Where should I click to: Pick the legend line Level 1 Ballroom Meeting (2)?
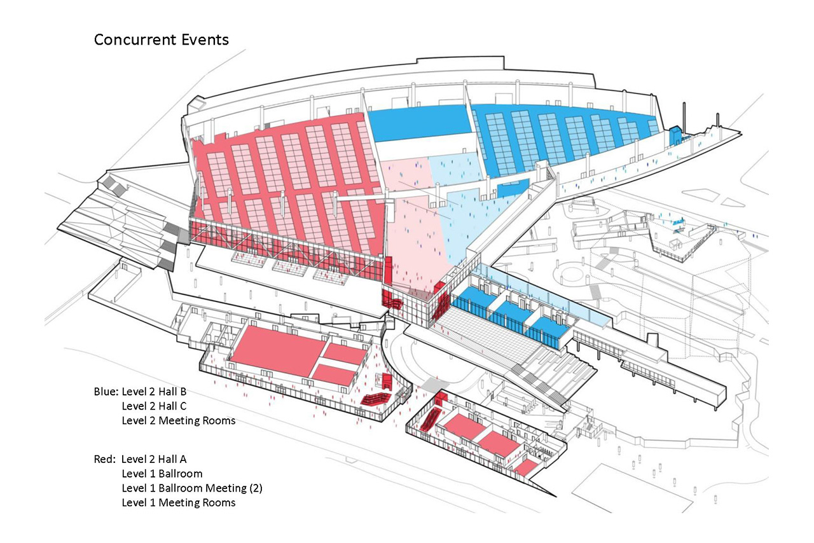click(x=191, y=488)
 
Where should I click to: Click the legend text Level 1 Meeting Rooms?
click(x=178, y=503)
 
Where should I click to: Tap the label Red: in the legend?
click(x=105, y=458)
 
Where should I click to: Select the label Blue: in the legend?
click(x=106, y=390)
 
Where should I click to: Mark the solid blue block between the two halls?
click(x=417, y=124)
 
